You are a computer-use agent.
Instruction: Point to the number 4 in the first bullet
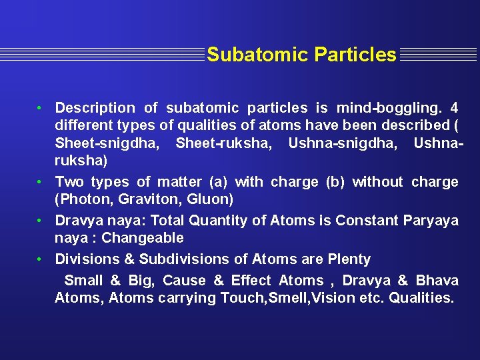pyautogui.click(x=454, y=108)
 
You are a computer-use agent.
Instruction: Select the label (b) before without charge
pyautogui.click(x=336, y=182)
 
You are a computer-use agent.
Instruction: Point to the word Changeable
pyautogui.click(x=143, y=238)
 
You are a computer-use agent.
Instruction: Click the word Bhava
pyautogui.click(x=437, y=281)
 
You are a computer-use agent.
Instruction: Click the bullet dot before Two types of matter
pyautogui.click(x=41, y=182)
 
